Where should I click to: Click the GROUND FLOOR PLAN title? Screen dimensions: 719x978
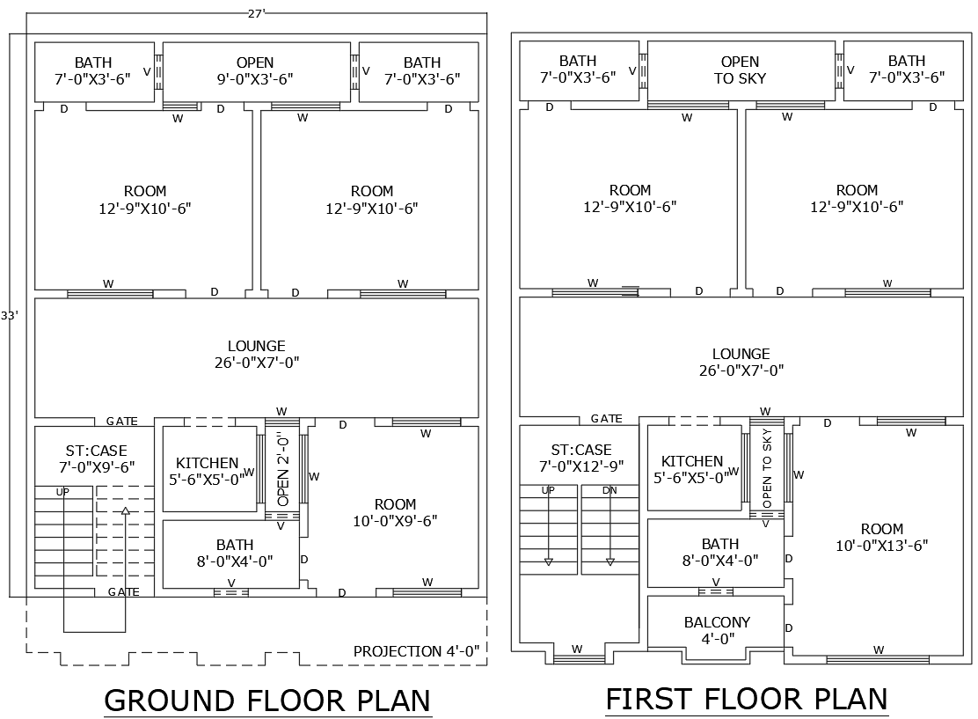click(x=267, y=701)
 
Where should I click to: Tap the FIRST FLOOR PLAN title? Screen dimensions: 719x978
click(x=747, y=699)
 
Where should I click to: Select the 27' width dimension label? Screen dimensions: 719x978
click(x=256, y=11)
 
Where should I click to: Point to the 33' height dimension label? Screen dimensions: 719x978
click(x=10, y=314)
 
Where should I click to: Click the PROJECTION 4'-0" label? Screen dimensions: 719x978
click(x=416, y=651)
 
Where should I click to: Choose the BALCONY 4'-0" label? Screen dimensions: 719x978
click(x=717, y=631)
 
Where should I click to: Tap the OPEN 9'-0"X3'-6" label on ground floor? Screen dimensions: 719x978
click(x=255, y=70)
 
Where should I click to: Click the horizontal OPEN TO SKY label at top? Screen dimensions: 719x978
click(x=740, y=70)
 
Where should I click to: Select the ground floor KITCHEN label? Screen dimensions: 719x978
click(x=208, y=472)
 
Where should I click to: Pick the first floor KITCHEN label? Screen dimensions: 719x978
click(x=692, y=470)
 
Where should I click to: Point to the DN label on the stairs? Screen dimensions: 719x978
click(x=609, y=490)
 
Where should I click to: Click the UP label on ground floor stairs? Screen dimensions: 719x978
click(x=62, y=492)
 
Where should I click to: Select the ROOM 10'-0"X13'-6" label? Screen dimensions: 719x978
click(x=881, y=537)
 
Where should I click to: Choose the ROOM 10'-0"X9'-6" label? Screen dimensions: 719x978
click(x=395, y=512)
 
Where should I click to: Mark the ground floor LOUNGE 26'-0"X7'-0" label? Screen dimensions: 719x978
click(x=256, y=354)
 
